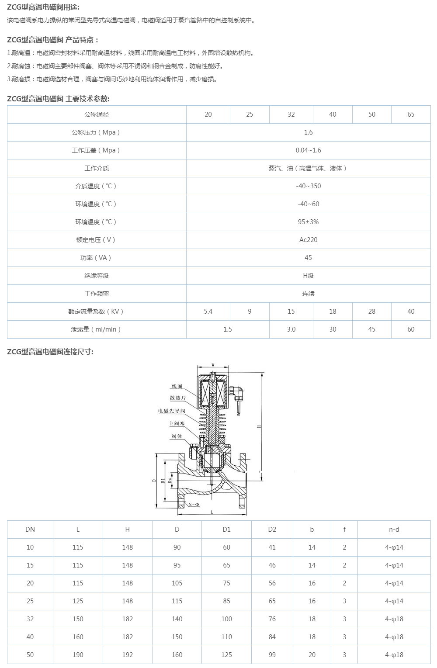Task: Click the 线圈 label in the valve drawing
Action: point(177,386)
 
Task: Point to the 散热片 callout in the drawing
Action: point(178,398)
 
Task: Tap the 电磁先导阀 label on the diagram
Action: point(172,411)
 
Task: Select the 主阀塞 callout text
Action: point(177,424)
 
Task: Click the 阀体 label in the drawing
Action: point(177,436)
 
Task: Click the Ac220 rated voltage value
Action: point(308,240)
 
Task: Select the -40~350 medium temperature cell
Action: point(308,186)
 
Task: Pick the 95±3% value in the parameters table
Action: point(308,222)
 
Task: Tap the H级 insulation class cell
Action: point(308,276)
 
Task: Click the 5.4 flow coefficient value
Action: point(208,312)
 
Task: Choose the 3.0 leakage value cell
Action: point(291,329)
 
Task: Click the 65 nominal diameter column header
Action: point(411,114)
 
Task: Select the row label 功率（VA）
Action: point(96,258)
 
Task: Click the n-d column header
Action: point(394,530)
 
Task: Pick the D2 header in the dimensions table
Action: point(272,530)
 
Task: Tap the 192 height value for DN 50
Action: point(127,655)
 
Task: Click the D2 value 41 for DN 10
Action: point(272,547)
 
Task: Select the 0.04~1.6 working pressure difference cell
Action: point(308,150)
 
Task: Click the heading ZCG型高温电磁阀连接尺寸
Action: point(50,352)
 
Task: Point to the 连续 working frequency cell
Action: point(308,294)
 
